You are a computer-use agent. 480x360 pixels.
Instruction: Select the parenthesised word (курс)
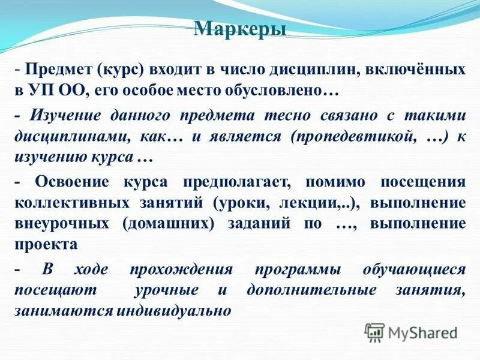tap(119, 71)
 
